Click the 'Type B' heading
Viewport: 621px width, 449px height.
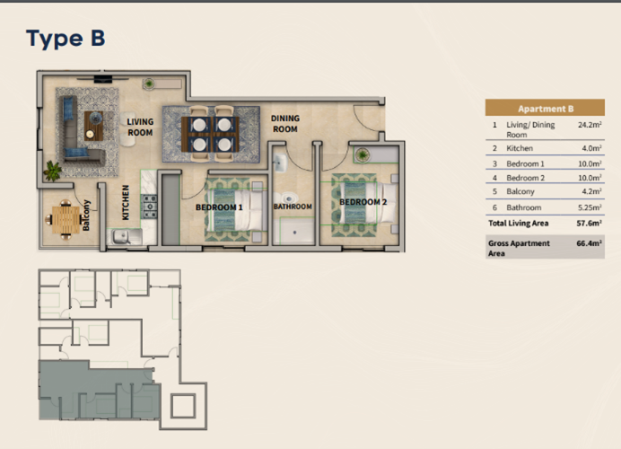66,39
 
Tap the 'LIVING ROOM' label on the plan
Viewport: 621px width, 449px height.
140,128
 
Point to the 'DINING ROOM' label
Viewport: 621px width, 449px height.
285,124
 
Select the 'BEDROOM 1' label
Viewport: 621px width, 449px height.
219,207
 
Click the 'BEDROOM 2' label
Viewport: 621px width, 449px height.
363,202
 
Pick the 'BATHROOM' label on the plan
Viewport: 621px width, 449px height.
293,207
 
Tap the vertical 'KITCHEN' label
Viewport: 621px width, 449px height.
126,203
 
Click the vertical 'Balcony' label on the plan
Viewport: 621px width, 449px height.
86,216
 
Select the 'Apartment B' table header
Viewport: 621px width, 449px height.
546,109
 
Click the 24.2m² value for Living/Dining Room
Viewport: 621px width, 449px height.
590,125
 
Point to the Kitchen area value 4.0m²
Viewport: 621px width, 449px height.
591,148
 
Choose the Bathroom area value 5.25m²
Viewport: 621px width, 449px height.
590,207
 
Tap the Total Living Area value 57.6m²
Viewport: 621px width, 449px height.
590,223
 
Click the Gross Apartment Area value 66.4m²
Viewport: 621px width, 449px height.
590,243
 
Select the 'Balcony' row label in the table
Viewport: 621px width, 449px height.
520,191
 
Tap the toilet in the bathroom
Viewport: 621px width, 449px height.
289,198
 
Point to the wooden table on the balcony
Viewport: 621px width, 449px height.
66,220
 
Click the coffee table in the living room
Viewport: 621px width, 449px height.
94,126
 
